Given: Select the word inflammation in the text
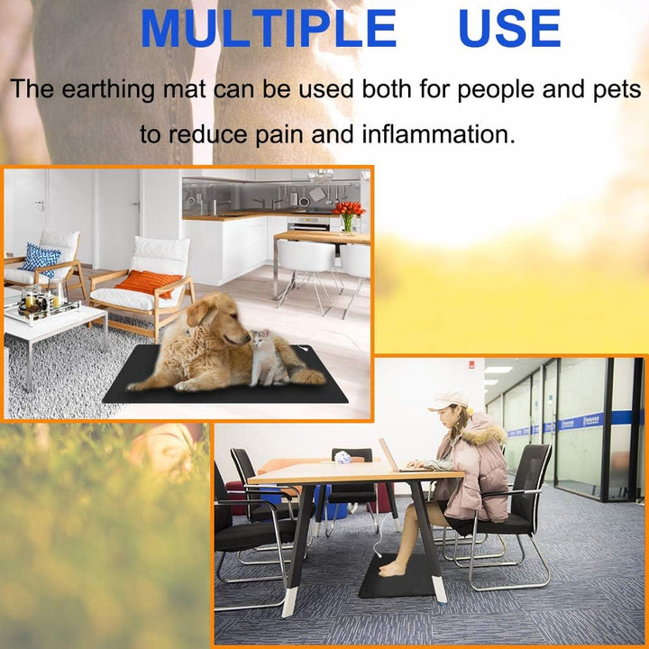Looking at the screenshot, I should click(438, 135).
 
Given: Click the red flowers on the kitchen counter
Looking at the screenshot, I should click(348, 211).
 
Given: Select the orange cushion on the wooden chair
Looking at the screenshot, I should click(149, 282).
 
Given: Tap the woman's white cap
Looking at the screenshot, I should click(448, 399).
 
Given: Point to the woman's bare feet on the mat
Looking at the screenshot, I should click(393, 569).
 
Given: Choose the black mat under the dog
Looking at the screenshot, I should click(225, 383).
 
